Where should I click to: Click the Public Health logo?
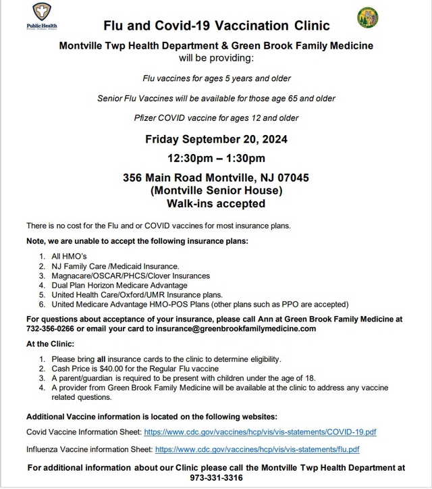[x=41, y=16]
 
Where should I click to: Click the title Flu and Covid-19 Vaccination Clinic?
[x=216, y=26]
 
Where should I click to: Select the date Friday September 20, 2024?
[x=216, y=140]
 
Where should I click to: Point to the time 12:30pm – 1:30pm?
[x=216, y=159]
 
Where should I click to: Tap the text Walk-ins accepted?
[x=216, y=203]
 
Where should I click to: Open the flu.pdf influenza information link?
[x=257, y=448]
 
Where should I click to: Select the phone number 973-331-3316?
[x=216, y=477]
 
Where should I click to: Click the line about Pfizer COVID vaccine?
[x=216, y=118]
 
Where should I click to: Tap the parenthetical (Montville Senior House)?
[x=216, y=190]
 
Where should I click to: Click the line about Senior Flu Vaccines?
[x=216, y=99]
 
